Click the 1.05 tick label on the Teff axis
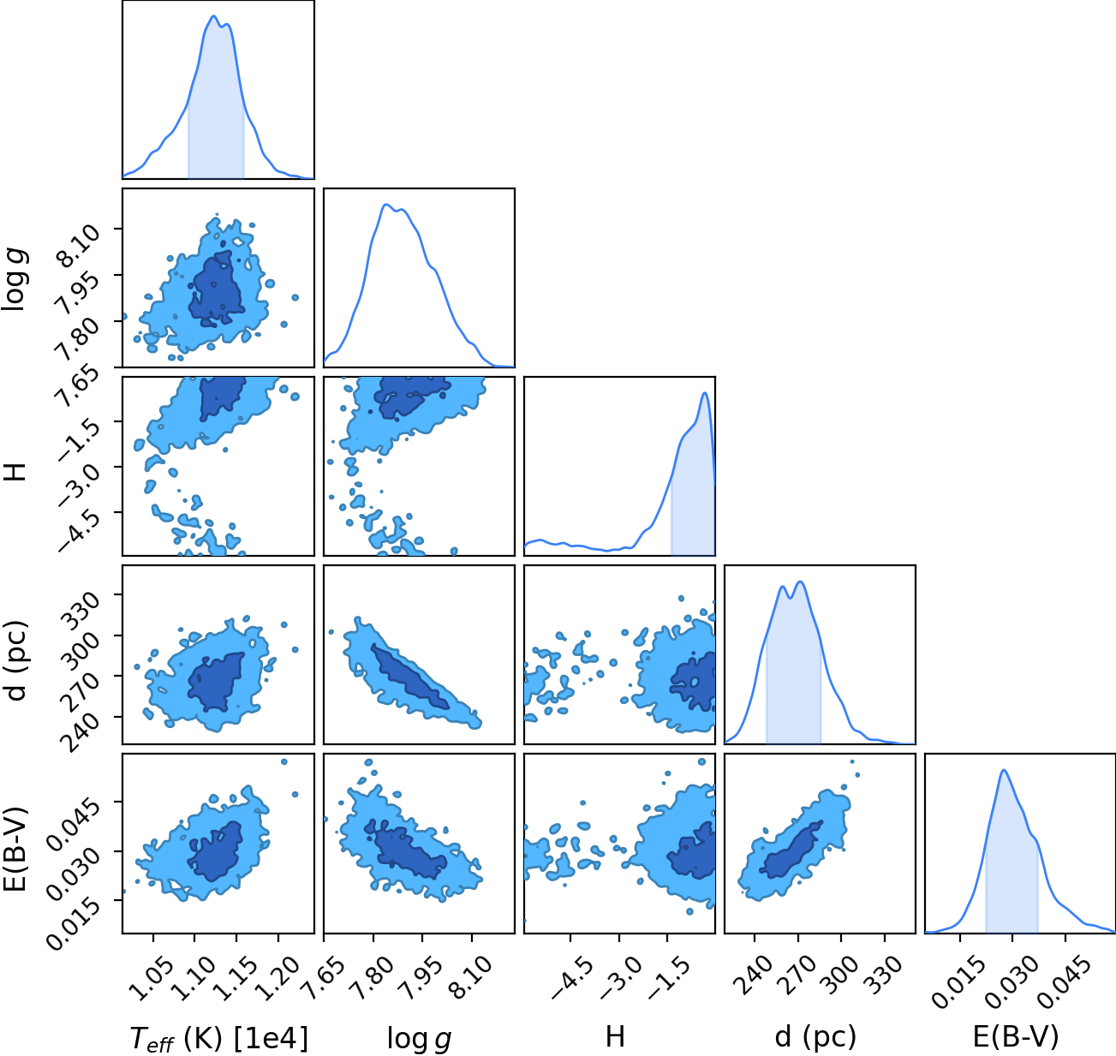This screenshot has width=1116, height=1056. [x=146, y=971]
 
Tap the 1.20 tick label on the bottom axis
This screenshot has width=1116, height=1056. [x=271, y=971]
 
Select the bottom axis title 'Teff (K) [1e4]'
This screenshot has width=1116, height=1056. [x=219, y=1038]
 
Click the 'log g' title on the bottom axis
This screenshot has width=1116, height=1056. [x=419, y=1038]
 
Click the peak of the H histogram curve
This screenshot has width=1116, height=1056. [x=704, y=392]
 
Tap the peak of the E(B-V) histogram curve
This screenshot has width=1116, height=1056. [x=1004, y=771]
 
